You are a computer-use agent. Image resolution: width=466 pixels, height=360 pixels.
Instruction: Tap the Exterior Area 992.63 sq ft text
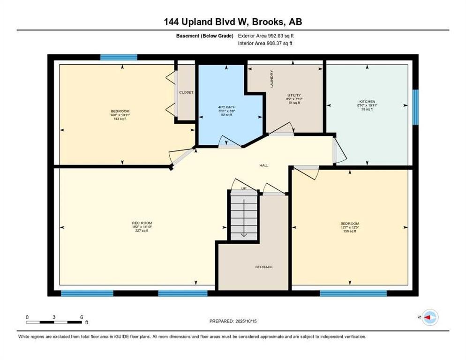point(266,36)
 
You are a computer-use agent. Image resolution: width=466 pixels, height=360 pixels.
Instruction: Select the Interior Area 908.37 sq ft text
point(265,43)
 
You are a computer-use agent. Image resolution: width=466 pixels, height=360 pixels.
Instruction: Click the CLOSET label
point(186,92)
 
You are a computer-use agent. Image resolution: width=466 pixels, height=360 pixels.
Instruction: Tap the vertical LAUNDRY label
point(271,78)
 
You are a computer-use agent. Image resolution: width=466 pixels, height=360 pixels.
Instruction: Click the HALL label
point(264,165)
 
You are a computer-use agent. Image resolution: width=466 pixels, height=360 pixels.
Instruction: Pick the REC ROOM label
point(142,223)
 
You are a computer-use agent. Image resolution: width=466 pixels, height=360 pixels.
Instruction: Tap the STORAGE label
point(264,267)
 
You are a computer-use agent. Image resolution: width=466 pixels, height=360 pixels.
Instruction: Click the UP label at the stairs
point(243,188)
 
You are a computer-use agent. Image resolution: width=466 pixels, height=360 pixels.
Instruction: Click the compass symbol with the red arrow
point(429,317)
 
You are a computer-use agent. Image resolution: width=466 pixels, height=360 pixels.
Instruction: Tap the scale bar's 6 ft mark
point(82,317)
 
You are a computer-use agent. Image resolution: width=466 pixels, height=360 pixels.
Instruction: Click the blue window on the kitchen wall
point(415,107)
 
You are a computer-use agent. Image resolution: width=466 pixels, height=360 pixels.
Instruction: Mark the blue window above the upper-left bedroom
point(119,57)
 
